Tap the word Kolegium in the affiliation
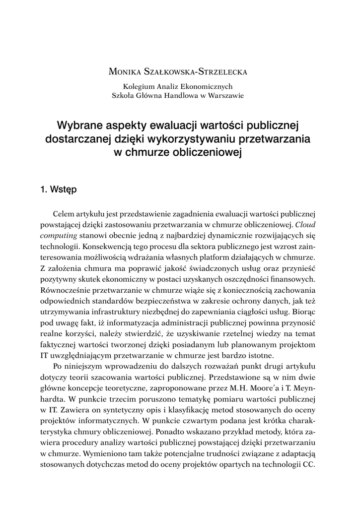(139, 86)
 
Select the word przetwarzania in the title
(274, 139)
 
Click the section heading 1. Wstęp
(58, 189)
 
